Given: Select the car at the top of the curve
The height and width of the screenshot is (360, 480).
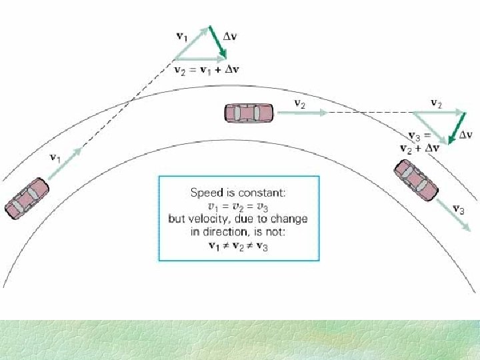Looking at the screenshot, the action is [x=249, y=113].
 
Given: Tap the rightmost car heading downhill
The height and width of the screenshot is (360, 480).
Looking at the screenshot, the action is [x=415, y=180].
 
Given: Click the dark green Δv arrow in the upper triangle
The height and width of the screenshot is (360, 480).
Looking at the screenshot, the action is [x=217, y=43].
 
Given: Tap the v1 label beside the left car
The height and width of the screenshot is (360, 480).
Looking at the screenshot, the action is [x=57, y=158].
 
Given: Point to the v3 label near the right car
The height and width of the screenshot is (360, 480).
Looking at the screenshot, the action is [x=459, y=209].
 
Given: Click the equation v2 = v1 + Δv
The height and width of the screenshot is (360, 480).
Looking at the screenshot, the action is [x=207, y=69].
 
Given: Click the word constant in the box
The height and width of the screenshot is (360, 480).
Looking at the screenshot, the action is [x=262, y=193].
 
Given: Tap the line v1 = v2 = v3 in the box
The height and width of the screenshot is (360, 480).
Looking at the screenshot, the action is [x=238, y=205].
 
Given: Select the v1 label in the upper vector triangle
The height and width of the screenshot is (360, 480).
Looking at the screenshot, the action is [x=181, y=36].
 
